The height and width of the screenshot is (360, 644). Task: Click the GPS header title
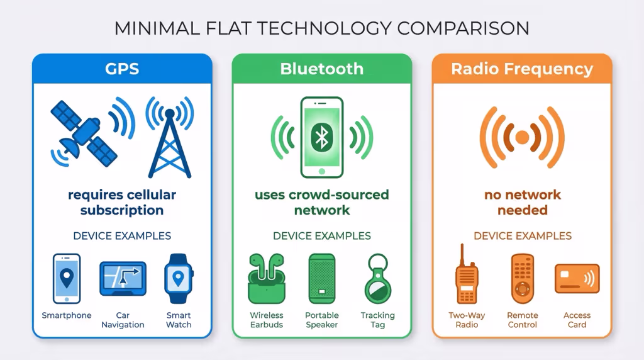tap(122, 69)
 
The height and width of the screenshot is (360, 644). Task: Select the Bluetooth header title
tap(321, 69)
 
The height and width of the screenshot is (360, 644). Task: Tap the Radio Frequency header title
tap(522, 69)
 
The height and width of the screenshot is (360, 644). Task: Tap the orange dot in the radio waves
tap(522, 137)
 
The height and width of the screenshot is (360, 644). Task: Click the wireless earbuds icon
tap(266, 279)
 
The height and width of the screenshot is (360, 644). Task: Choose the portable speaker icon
tap(321, 279)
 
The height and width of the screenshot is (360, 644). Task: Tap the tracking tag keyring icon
tap(377, 279)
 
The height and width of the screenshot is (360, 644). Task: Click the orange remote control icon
tap(522, 279)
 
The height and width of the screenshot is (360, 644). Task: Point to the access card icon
tap(577, 279)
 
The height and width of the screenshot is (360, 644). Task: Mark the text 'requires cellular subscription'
tap(122, 202)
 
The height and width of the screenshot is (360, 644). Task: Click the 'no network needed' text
tap(522, 202)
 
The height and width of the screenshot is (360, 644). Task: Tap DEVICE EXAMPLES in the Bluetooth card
tap(321, 236)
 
